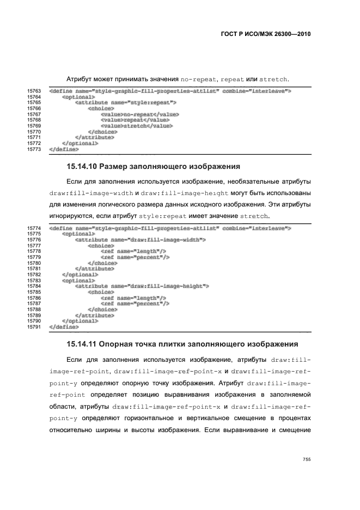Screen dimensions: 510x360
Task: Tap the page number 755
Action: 307,459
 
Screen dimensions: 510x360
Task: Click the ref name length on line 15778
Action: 133,251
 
